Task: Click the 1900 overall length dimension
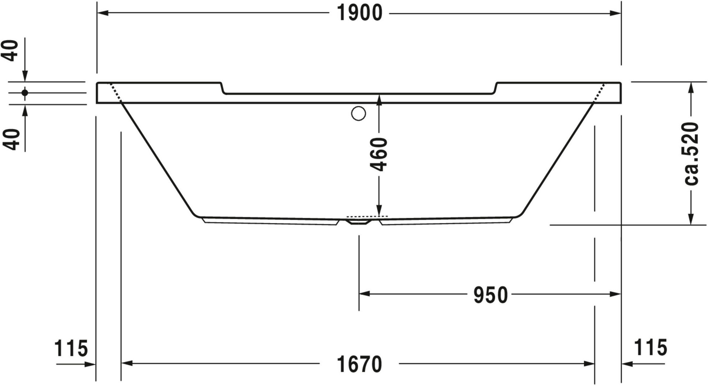point(360,13)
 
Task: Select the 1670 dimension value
point(360,364)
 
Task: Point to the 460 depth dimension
point(379,154)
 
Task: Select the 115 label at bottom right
point(650,347)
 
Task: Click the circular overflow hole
point(358,114)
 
